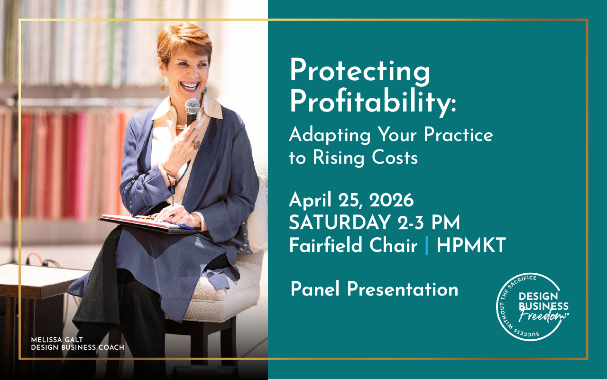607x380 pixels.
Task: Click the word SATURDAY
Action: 337,223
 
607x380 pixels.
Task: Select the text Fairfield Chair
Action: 353,246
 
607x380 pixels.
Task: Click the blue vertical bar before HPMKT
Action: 427,246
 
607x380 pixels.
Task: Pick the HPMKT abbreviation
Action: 471,246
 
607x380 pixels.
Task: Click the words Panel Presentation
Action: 374,289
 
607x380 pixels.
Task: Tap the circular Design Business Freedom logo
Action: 532,307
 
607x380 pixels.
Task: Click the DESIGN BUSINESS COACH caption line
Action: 77,347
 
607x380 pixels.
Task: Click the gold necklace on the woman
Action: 181,127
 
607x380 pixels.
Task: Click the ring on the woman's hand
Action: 196,145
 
